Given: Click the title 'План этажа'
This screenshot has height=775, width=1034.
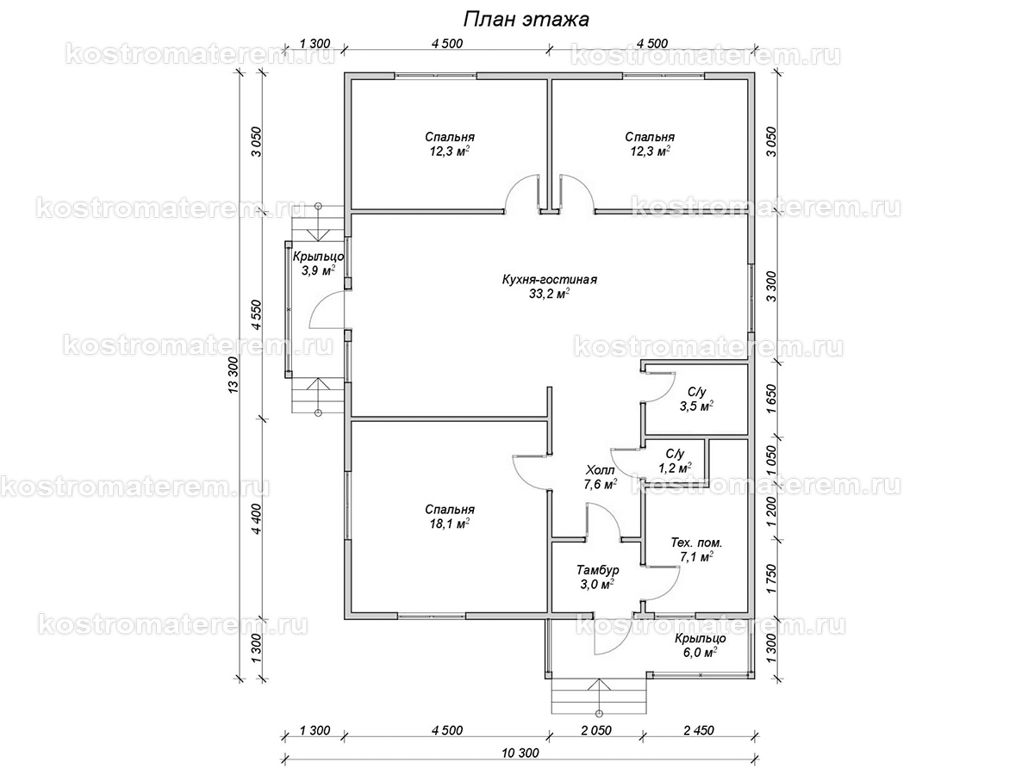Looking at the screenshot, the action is tap(526, 20).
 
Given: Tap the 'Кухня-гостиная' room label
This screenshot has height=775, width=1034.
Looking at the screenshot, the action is tap(549, 280).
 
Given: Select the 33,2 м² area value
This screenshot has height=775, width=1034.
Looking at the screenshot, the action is tap(549, 294).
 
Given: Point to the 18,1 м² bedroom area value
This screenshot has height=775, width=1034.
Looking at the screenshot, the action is tap(450, 524).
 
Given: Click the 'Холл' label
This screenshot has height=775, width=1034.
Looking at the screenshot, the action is tap(600, 469).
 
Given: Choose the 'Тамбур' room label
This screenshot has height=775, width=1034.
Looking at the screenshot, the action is tap(598, 570).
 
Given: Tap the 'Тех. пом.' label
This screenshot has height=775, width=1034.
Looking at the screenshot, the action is tap(696, 542).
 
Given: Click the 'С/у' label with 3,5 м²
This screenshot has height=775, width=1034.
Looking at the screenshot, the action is tap(697, 392).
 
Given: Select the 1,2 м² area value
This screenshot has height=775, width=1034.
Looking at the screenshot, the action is tap(675, 468).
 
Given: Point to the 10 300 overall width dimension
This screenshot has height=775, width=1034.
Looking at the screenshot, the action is tap(520, 753).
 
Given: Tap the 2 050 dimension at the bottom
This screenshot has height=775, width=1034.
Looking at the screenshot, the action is tap(596, 730).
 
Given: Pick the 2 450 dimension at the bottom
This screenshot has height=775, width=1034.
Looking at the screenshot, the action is tap(699, 730).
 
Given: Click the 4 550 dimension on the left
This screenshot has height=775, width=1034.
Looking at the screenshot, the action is tap(256, 314).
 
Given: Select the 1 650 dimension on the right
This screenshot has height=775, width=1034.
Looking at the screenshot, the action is tap(771, 399).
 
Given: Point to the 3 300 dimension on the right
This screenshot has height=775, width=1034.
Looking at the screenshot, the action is tap(771, 287).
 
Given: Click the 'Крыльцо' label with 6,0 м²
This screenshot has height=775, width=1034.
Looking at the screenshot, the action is tap(700, 639).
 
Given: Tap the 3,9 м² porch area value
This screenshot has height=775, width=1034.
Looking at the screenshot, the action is tap(319, 270).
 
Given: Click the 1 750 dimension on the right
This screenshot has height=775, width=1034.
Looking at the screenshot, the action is tap(771, 579).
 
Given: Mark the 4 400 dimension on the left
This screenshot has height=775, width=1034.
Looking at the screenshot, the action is tap(256, 518).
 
